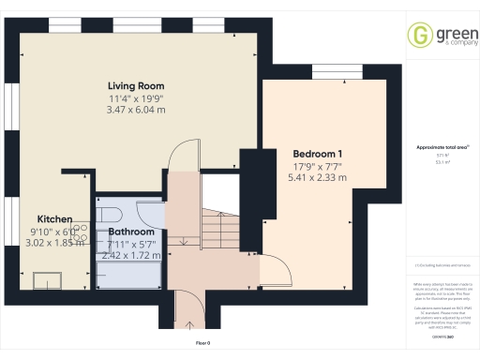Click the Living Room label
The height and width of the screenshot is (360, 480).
click(x=138, y=85)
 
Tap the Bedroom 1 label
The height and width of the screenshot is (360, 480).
click(x=317, y=154)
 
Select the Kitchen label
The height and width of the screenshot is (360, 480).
click(x=55, y=219)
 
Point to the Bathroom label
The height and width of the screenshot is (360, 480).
click(x=131, y=231)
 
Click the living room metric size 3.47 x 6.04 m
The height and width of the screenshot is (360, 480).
click(x=138, y=110)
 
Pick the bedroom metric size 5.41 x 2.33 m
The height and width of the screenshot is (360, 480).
click(x=317, y=177)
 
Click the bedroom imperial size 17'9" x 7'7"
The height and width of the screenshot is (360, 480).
click(x=317, y=166)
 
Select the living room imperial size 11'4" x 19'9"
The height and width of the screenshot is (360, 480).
click(x=138, y=97)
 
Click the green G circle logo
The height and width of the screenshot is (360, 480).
click(x=418, y=36)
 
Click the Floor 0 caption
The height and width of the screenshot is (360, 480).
click(x=203, y=344)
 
